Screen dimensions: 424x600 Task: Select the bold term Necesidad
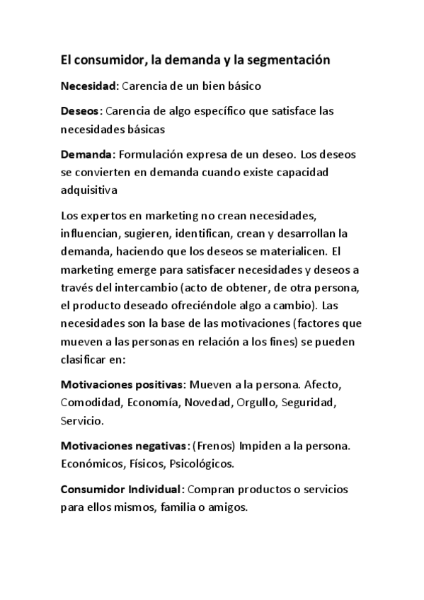coord(88,86)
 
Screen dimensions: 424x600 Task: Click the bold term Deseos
coord(81,112)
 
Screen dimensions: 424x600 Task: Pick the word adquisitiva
coord(88,190)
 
